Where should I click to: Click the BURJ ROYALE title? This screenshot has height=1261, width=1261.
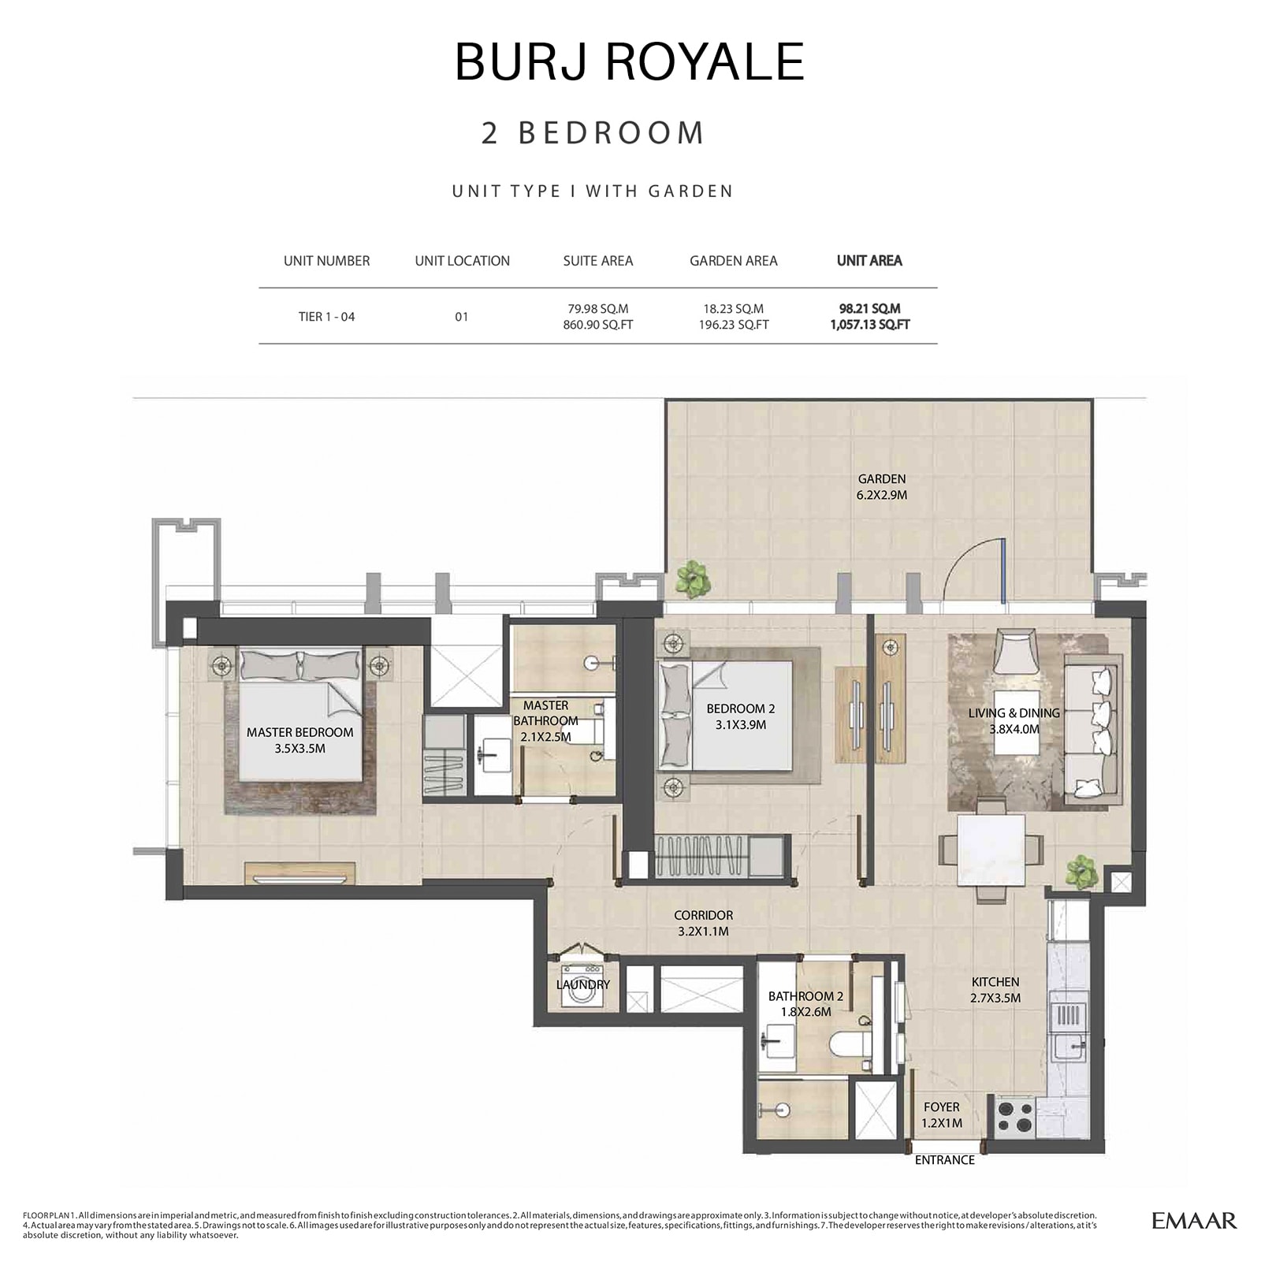630,61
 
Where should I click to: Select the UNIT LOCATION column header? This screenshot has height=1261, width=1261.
462,261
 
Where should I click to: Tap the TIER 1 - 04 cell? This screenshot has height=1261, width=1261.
326,317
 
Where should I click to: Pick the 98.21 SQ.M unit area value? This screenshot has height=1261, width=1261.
869,309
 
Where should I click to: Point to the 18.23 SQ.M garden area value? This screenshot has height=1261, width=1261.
733,309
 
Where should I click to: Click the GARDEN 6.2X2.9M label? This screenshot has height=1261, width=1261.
881,487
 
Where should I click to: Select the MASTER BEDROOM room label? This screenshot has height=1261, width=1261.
299,740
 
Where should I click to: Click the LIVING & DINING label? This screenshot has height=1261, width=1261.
1014,720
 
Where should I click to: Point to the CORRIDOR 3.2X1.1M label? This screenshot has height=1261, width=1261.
703,923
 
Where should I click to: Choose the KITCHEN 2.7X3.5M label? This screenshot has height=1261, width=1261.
995,990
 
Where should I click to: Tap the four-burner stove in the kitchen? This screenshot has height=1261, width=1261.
1014,1117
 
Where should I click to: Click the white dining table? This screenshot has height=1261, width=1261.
991,851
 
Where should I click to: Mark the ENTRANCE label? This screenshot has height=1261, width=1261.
944,1160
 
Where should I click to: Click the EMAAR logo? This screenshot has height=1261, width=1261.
1194,1221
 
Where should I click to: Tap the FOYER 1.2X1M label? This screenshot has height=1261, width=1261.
942,1114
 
